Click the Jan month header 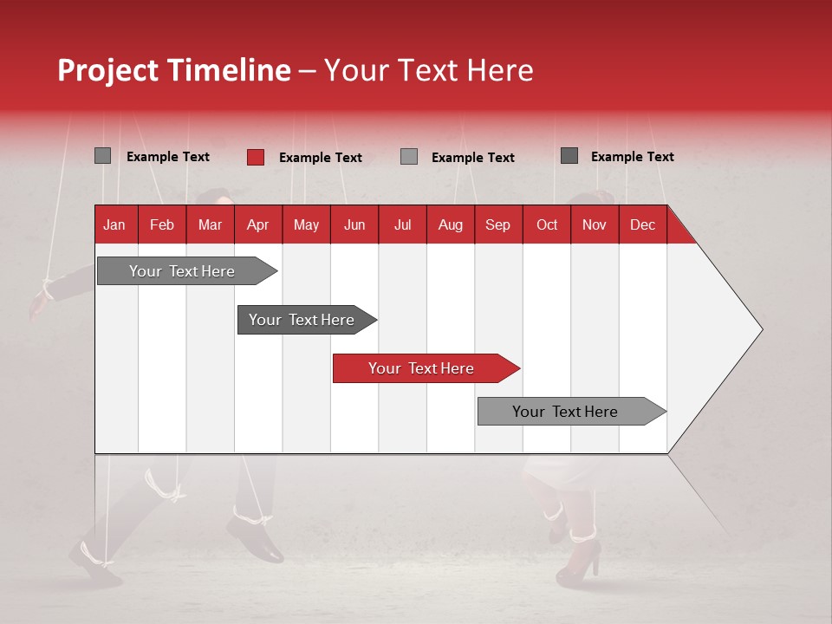pyautogui.click(x=114, y=224)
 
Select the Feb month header pyautogui.click(x=162, y=224)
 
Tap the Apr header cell pyautogui.click(x=258, y=224)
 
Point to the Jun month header pyautogui.click(x=354, y=224)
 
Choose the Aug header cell pyautogui.click(x=451, y=224)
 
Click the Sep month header pyautogui.click(x=498, y=224)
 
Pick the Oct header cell pyautogui.click(x=547, y=224)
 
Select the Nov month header pyautogui.click(x=595, y=224)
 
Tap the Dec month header pyautogui.click(x=643, y=224)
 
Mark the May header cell pyautogui.click(x=306, y=224)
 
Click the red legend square pyautogui.click(x=256, y=157)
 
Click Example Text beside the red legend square pyautogui.click(x=321, y=158)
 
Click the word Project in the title pyautogui.click(x=109, y=70)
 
